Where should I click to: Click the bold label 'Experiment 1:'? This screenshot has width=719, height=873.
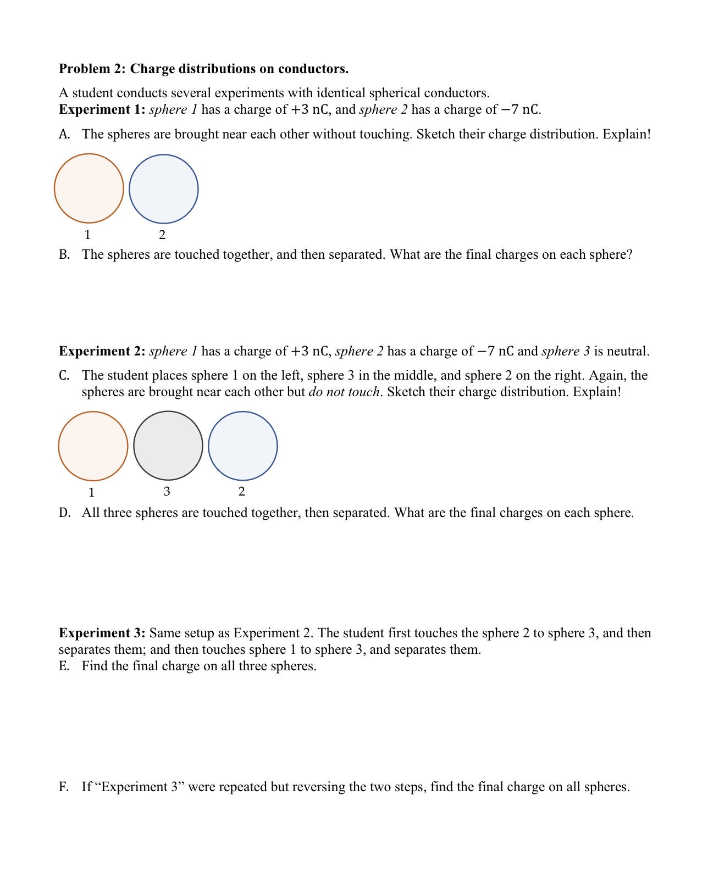(x=102, y=109)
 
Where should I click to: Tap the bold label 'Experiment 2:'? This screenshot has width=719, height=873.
(x=102, y=351)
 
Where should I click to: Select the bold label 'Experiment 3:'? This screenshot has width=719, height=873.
(x=102, y=633)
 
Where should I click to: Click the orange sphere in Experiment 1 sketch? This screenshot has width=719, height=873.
(x=89, y=188)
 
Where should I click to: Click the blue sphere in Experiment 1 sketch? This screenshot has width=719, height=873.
(x=164, y=189)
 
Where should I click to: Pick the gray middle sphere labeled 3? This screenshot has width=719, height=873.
(x=168, y=446)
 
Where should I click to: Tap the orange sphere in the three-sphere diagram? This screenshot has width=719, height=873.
(x=93, y=446)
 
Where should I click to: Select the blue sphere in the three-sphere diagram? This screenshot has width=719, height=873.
(x=243, y=446)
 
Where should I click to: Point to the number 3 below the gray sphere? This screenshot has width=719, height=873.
(x=167, y=491)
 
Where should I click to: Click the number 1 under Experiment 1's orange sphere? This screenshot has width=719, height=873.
(x=87, y=235)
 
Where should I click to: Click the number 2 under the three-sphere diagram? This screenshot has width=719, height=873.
(x=242, y=491)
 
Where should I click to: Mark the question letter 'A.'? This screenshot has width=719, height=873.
(x=64, y=134)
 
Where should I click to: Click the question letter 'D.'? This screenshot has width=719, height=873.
(x=65, y=513)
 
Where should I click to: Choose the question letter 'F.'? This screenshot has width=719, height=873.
(x=64, y=787)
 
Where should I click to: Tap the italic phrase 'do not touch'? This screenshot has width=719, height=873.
(x=344, y=392)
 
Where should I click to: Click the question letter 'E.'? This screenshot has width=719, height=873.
(x=64, y=666)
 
